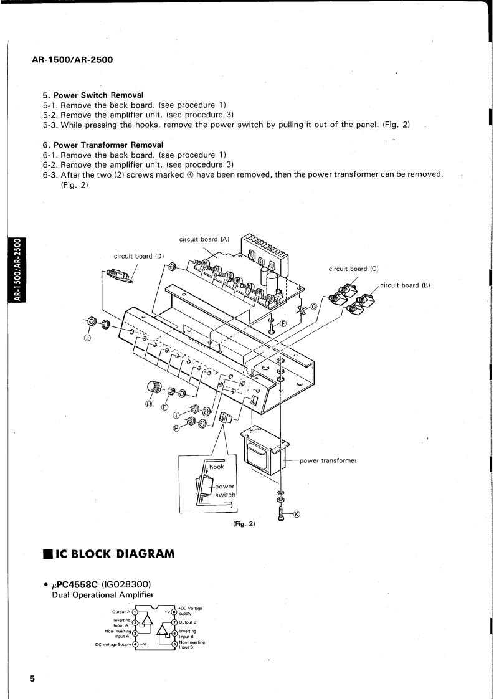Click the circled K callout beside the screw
point(297,514)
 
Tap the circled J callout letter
point(87,338)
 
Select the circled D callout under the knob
point(149,404)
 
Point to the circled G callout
point(314,306)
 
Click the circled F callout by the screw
point(283,323)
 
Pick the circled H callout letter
point(176,428)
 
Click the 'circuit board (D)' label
point(138,255)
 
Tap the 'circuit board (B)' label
point(406,285)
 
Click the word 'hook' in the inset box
point(217,467)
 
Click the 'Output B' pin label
point(188,622)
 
